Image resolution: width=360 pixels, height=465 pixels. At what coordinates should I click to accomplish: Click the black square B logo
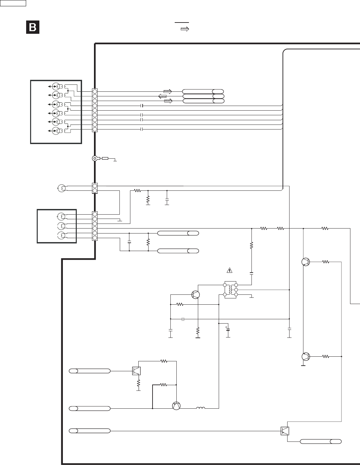(33, 27)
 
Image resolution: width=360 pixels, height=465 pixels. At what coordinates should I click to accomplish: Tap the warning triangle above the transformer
(229, 270)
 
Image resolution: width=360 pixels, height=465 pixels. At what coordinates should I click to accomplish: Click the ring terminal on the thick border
(95, 159)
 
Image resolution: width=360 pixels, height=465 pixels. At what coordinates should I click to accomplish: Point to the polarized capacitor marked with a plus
(228, 330)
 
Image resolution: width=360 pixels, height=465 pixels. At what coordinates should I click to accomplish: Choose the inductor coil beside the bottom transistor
(201, 408)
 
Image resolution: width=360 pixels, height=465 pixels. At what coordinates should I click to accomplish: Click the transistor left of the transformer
(196, 294)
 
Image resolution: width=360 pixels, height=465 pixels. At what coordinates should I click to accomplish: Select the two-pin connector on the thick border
(95, 188)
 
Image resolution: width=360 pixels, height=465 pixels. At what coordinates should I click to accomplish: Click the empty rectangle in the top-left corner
(13, 3)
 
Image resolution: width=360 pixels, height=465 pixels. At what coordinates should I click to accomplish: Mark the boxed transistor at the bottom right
(285, 431)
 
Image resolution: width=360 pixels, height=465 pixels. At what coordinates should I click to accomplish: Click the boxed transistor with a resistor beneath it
(136, 371)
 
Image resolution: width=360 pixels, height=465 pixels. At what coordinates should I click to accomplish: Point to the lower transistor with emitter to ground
(306, 357)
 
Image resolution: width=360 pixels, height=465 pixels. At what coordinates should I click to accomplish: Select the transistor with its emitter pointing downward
(176, 406)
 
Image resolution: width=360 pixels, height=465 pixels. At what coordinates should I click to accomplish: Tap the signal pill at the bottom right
(321, 441)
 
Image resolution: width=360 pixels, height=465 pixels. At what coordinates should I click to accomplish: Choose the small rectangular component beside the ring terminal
(105, 159)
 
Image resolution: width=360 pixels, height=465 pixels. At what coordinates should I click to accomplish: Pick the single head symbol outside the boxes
(61, 188)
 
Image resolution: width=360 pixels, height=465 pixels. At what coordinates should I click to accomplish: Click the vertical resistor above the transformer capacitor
(251, 246)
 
